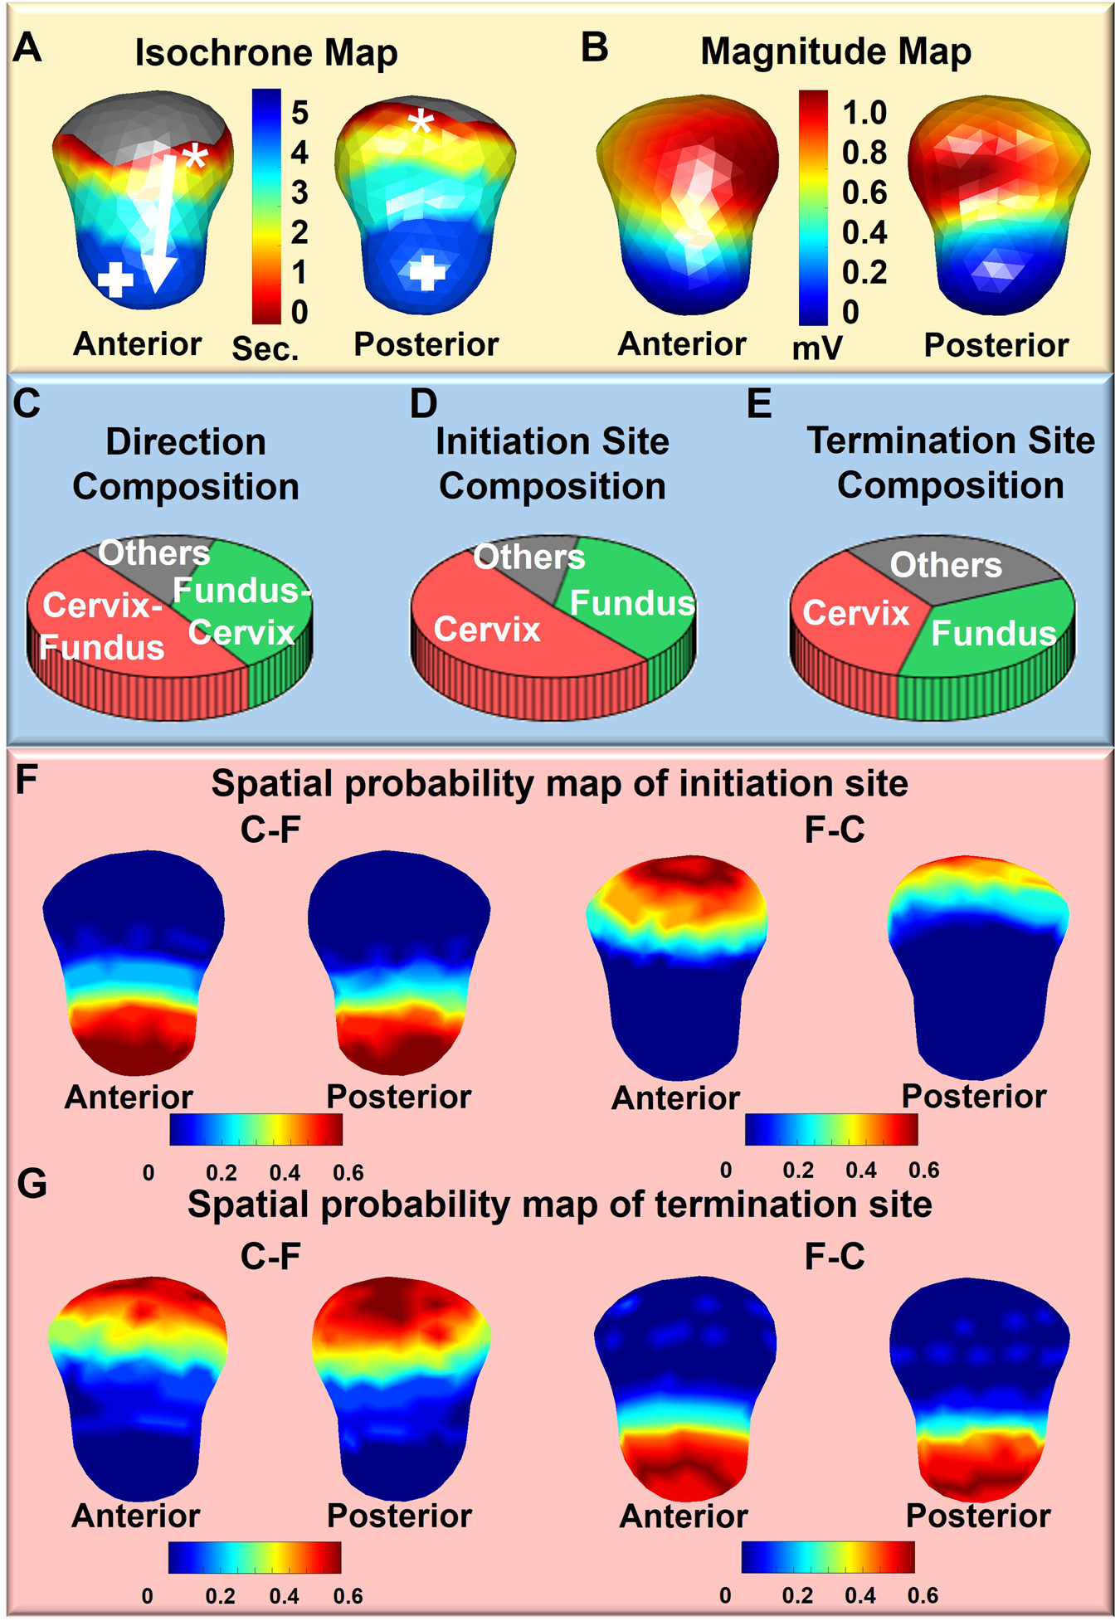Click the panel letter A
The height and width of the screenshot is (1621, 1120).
coord(27,48)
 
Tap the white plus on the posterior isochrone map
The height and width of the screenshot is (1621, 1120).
coord(426,272)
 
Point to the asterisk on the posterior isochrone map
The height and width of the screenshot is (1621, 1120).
coord(421,124)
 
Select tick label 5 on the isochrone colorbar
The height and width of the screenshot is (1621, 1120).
coord(299,113)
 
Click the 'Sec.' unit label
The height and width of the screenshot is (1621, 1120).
coord(265,349)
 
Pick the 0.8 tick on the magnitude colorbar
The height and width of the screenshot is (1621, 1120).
coord(864,153)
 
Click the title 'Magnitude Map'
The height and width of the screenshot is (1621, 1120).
coord(835,51)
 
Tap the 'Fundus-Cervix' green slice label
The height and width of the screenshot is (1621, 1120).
coord(241,612)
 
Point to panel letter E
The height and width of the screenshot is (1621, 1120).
coord(759,404)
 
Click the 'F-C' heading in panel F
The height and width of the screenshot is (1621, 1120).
coord(834,830)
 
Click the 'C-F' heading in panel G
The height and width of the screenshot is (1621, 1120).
coord(270,1257)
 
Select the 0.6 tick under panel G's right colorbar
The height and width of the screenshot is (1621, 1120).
coord(923,1594)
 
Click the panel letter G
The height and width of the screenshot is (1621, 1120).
coord(32,1184)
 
